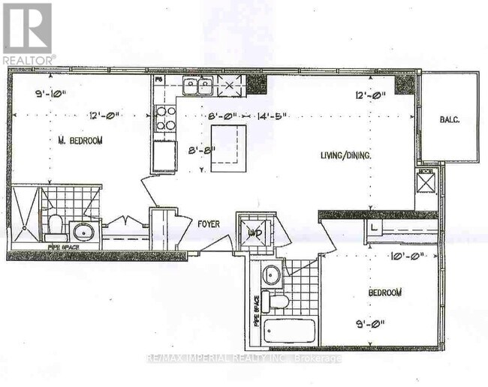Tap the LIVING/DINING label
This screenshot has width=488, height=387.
click(x=347, y=154)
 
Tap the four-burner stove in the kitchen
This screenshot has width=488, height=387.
click(x=165, y=119)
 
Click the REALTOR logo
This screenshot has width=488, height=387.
click(x=28, y=33)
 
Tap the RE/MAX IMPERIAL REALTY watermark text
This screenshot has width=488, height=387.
click(x=245, y=358)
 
